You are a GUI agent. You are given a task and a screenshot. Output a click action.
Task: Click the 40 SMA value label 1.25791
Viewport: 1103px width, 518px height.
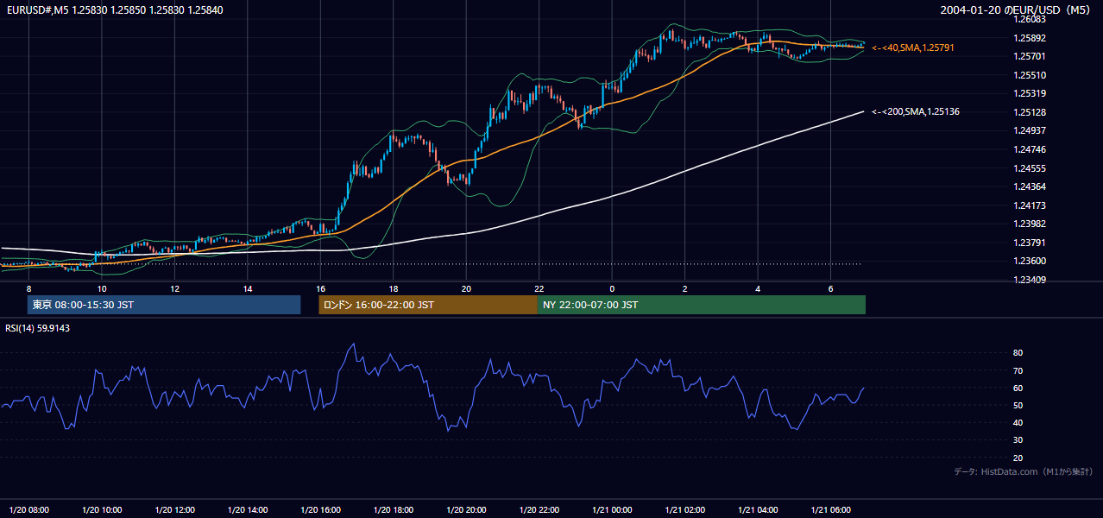pos(913,47)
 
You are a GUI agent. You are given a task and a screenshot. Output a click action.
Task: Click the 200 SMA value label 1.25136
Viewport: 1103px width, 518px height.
pos(916,111)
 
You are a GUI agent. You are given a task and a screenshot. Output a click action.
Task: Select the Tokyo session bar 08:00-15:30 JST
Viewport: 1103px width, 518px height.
pos(164,305)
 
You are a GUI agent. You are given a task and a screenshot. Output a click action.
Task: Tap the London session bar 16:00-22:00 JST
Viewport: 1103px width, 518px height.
pos(428,305)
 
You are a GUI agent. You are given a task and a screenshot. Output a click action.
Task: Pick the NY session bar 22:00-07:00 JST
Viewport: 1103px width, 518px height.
pos(701,305)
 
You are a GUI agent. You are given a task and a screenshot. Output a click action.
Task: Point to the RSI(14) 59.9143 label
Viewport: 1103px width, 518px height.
pos(37,328)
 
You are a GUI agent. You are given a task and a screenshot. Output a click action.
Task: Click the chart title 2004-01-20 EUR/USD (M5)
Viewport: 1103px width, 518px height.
pos(1015,9)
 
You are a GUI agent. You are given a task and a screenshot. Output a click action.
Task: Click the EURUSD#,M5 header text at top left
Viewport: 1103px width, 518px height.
pos(115,9)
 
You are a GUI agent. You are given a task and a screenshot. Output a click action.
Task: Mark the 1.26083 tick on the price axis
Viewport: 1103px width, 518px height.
pos(1030,20)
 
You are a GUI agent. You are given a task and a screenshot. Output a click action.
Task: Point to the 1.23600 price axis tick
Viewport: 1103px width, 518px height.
pos(1030,261)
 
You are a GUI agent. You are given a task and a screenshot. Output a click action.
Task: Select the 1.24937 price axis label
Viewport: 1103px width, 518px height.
pos(1030,130)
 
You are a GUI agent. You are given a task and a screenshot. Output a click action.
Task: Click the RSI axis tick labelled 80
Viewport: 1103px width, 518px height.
pos(1018,352)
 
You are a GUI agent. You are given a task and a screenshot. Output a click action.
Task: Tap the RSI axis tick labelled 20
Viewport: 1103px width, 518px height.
pos(1018,458)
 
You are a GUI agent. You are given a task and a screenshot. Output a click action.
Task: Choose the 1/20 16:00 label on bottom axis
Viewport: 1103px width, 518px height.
pos(320,509)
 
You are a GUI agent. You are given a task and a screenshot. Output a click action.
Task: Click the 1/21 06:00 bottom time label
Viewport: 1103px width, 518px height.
pos(830,509)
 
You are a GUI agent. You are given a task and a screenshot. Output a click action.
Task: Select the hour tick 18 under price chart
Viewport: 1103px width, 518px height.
pos(394,289)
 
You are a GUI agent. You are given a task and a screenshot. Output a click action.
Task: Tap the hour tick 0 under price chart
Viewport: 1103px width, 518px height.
pos(612,289)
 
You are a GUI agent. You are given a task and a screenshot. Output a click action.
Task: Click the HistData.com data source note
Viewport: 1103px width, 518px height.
pos(1024,471)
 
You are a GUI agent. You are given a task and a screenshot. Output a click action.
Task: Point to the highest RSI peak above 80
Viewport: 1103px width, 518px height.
pos(354,344)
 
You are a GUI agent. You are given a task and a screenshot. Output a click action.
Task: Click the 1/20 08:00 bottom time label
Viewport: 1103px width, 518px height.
pos(29,509)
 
